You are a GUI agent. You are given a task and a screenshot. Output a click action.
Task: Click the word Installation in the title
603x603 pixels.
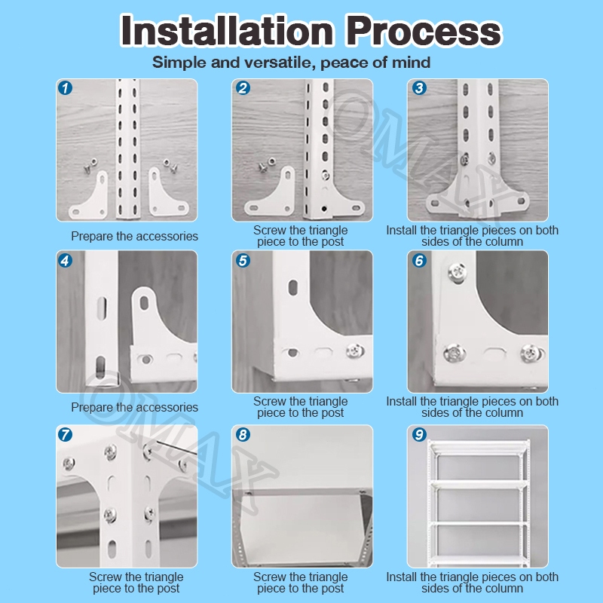click(227, 30)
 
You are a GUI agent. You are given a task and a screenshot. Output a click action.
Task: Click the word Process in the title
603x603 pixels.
click(424, 30)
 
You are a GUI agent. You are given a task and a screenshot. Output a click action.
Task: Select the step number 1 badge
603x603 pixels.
click(66, 88)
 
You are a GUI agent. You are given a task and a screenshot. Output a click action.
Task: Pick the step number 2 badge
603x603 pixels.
click(243, 88)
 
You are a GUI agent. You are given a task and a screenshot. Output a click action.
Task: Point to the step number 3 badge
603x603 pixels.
click(419, 88)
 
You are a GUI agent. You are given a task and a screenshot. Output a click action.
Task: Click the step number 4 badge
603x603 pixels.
click(66, 261)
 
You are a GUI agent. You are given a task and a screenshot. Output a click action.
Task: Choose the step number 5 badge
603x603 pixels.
click(243, 261)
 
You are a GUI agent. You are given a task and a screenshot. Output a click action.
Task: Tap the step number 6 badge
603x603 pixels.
click(419, 261)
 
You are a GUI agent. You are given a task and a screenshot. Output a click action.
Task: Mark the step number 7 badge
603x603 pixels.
click(66, 435)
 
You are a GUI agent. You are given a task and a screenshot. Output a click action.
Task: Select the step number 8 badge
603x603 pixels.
click(243, 435)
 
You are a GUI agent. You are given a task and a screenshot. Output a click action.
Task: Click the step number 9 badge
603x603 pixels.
click(419, 435)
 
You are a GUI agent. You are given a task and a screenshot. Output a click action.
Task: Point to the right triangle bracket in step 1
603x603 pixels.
click(164, 197)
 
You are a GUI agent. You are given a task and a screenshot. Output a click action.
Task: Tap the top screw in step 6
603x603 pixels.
click(458, 272)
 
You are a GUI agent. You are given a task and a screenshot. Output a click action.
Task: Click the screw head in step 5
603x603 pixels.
click(355, 350)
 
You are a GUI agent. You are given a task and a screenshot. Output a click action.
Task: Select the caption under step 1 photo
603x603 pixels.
click(135, 236)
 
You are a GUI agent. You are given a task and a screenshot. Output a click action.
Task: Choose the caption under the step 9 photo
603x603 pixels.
click(473, 582)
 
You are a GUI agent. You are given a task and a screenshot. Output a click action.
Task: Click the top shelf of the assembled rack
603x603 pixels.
click(479, 448)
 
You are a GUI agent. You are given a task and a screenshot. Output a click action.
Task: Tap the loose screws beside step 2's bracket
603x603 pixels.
click(268, 164)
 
